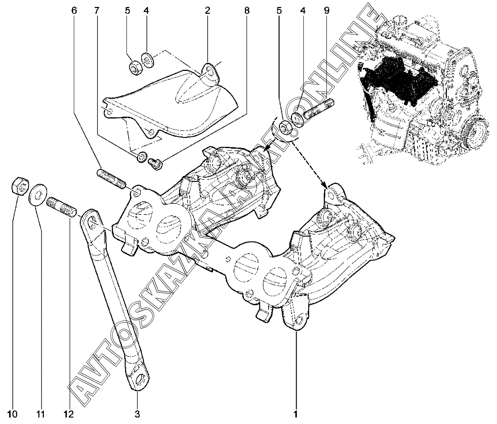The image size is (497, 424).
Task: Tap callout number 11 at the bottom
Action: (x=40, y=414)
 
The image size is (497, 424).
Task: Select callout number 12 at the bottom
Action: (x=68, y=414)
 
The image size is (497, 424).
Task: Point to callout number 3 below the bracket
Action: (x=137, y=414)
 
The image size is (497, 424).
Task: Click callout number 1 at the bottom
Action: (x=295, y=414)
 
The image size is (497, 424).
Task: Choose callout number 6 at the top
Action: (x=75, y=11)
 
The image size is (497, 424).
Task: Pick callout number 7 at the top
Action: (x=96, y=11)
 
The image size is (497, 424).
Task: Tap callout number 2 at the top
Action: (x=207, y=11)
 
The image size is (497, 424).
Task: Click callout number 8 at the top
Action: (x=247, y=11)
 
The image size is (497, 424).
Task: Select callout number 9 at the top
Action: (x=326, y=11)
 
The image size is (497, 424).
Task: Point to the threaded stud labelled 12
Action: (x=61, y=207)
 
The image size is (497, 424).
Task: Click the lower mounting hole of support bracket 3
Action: (x=139, y=381)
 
